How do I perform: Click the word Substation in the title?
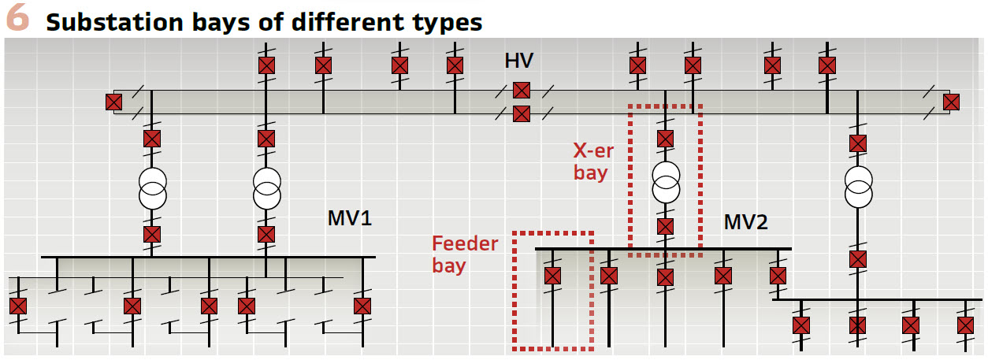pos(102,22)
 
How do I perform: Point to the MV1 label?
pos(349,218)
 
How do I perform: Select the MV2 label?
pos(745,223)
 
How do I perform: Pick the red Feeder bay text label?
pos(465,254)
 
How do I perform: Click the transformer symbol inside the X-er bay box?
pos(666,183)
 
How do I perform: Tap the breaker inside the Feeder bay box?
pos(552,276)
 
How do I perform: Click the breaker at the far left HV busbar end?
pos(114,102)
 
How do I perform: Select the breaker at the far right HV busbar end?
pos(951,102)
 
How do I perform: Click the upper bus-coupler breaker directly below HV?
pos(521,91)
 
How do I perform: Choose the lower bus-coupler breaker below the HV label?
pos(521,113)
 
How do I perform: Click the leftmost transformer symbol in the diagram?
pos(152,186)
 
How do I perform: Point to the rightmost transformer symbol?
pos(858,186)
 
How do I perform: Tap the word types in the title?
pos(446,22)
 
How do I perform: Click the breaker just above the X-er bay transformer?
pos(666,139)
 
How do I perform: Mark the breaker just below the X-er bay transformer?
pos(666,227)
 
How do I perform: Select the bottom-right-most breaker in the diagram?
pos(965,325)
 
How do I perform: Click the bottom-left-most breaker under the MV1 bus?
pos(18,306)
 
